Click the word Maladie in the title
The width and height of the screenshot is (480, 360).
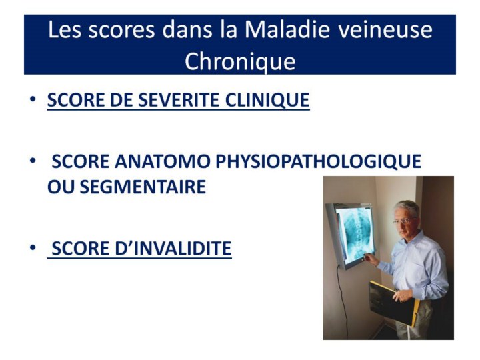tap(287, 29)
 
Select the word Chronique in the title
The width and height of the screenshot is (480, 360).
tap(240, 61)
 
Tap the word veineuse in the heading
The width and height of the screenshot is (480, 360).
tap(385, 30)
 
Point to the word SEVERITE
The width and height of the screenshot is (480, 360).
tap(179, 100)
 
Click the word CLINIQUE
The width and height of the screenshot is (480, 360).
tap(267, 100)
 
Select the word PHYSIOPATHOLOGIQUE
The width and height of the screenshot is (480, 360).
tap(319, 161)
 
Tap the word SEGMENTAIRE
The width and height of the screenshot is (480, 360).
tap(143, 187)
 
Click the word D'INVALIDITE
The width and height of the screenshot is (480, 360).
tap(173, 248)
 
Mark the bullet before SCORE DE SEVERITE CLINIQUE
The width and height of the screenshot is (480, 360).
tap(33, 99)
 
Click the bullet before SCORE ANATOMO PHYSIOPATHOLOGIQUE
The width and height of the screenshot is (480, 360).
tap(33, 161)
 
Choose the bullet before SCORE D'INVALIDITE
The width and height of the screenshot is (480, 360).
tap(33, 247)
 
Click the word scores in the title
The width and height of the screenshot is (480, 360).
tap(121, 30)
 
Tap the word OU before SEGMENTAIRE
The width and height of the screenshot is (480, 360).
tap(61, 187)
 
